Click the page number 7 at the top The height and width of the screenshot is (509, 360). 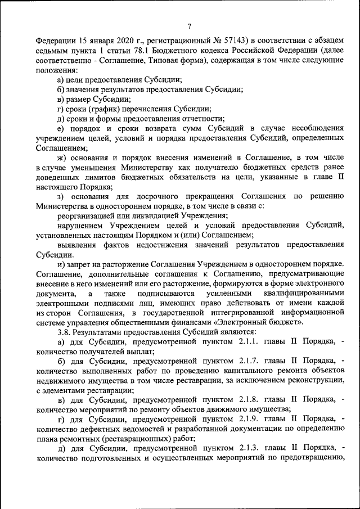[x=190, y=26]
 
